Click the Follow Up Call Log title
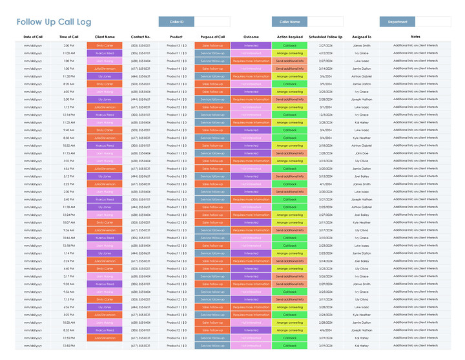coord(54,22)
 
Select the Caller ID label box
coord(176,22)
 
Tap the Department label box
coord(397,22)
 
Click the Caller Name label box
coord(289,22)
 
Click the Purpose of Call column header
coord(212,37)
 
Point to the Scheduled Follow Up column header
coord(325,37)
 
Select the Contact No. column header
coord(141,37)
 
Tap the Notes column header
coord(415,37)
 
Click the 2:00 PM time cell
coord(68,46)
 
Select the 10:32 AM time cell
coord(68,145)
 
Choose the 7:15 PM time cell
coord(68,299)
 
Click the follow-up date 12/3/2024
coord(325,115)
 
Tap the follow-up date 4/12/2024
coord(325,54)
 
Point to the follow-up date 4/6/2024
coord(325,330)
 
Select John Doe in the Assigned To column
coord(362,153)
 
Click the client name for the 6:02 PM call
coord(104,92)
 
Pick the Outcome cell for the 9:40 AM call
coord(251,130)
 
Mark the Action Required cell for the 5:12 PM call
coord(289,176)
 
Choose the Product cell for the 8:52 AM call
coord(176,330)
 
